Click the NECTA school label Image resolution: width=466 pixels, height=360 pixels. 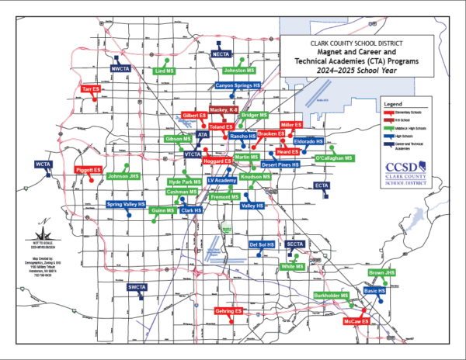pyautogui.click(x=221, y=55)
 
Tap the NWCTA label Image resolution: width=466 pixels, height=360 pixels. pyautogui.click(x=120, y=68)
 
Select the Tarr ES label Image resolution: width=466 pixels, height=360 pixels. pyautogui.click(x=92, y=90)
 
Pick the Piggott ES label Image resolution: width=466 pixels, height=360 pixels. pyautogui.click(x=88, y=169)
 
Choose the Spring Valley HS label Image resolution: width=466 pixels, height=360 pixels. pyautogui.click(x=127, y=205)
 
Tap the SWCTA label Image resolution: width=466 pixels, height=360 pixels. pyautogui.click(x=137, y=287)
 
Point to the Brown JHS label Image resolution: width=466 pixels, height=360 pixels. pyautogui.click(x=382, y=272)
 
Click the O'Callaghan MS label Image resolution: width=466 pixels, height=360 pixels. pyautogui.click(x=335, y=158)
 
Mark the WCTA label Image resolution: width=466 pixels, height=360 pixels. pyautogui.click(x=43, y=164)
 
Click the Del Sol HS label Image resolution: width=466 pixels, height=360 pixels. pyautogui.click(x=262, y=244)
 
